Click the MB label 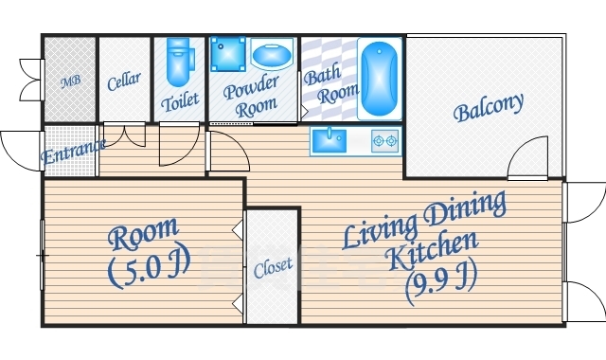tap(71, 81)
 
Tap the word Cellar tap(124, 81)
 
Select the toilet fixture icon tap(179, 61)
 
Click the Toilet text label tap(180, 101)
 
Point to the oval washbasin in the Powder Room tap(272, 55)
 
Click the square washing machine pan tap(228, 54)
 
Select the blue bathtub tap(379, 79)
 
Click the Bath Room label tap(330, 84)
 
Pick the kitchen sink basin tap(330, 141)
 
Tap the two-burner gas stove tap(385, 141)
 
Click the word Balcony tap(489, 107)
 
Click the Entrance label tap(73, 152)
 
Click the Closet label tap(273, 267)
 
